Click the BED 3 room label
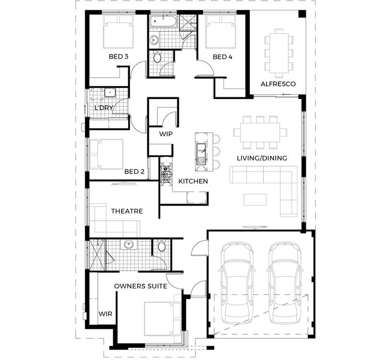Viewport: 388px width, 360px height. (x=118, y=56)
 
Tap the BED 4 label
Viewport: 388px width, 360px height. (x=223, y=56)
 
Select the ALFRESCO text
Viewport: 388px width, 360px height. (x=278, y=83)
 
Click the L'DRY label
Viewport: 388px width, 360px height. (x=103, y=108)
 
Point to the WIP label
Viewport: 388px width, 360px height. (x=166, y=134)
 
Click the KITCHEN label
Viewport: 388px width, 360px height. (x=193, y=181)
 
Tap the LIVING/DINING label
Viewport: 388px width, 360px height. (x=262, y=158)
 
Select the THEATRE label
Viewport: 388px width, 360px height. (x=127, y=211)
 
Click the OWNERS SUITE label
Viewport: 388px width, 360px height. (x=140, y=286)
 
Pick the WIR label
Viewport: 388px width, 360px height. (x=106, y=314)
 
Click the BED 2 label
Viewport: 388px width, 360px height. (x=133, y=171)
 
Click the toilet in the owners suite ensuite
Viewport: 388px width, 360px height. (x=161, y=248)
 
